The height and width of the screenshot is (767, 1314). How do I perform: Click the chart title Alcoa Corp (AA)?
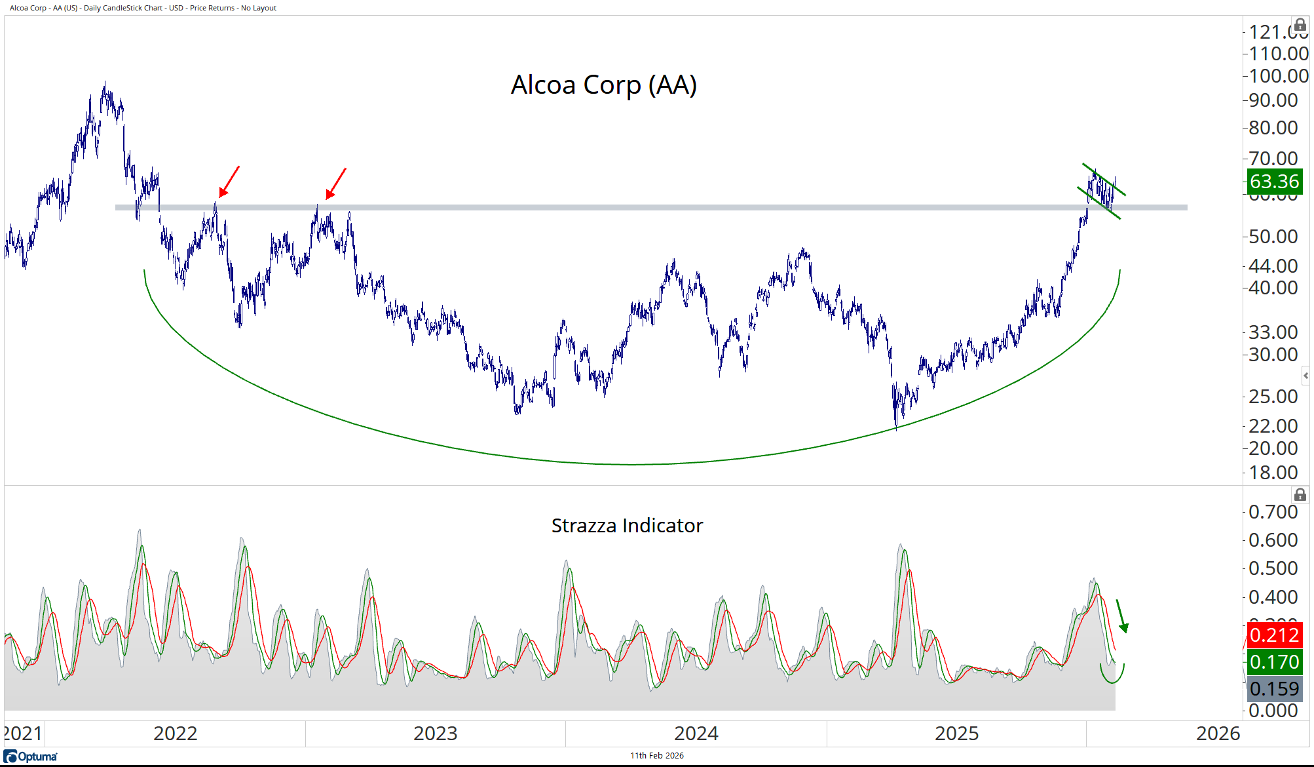tap(603, 85)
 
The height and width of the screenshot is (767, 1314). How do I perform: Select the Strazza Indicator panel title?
tap(627, 526)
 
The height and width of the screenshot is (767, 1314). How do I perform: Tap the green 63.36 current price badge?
tap(1273, 182)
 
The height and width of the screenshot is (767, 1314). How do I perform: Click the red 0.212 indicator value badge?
tap(1273, 635)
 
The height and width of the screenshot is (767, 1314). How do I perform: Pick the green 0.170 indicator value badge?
tap(1273, 662)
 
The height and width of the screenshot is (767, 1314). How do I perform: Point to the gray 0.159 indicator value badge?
tap(1273, 689)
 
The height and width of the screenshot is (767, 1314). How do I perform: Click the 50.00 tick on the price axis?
tap(1273, 237)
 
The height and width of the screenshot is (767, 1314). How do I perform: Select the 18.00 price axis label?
tap(1273, 473)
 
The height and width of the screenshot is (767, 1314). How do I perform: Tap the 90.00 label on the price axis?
tap(1273, 100)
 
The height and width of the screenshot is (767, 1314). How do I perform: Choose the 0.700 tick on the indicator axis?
tap(1273, 512)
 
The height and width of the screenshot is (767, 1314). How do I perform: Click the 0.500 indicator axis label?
tap(1273, 568)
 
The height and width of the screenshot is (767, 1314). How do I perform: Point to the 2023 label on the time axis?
tap(435, 734)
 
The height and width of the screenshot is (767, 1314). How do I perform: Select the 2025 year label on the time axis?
tap(956, 734)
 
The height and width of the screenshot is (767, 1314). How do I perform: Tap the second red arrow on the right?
tap(335, 183)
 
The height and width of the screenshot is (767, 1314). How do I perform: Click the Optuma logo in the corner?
tap(31, 757)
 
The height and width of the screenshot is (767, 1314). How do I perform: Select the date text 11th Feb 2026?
tap(656, 756)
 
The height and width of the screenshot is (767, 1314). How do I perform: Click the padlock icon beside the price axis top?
tap(1300, 26)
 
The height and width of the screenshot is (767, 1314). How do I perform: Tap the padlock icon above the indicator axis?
tap(1300, 495)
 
